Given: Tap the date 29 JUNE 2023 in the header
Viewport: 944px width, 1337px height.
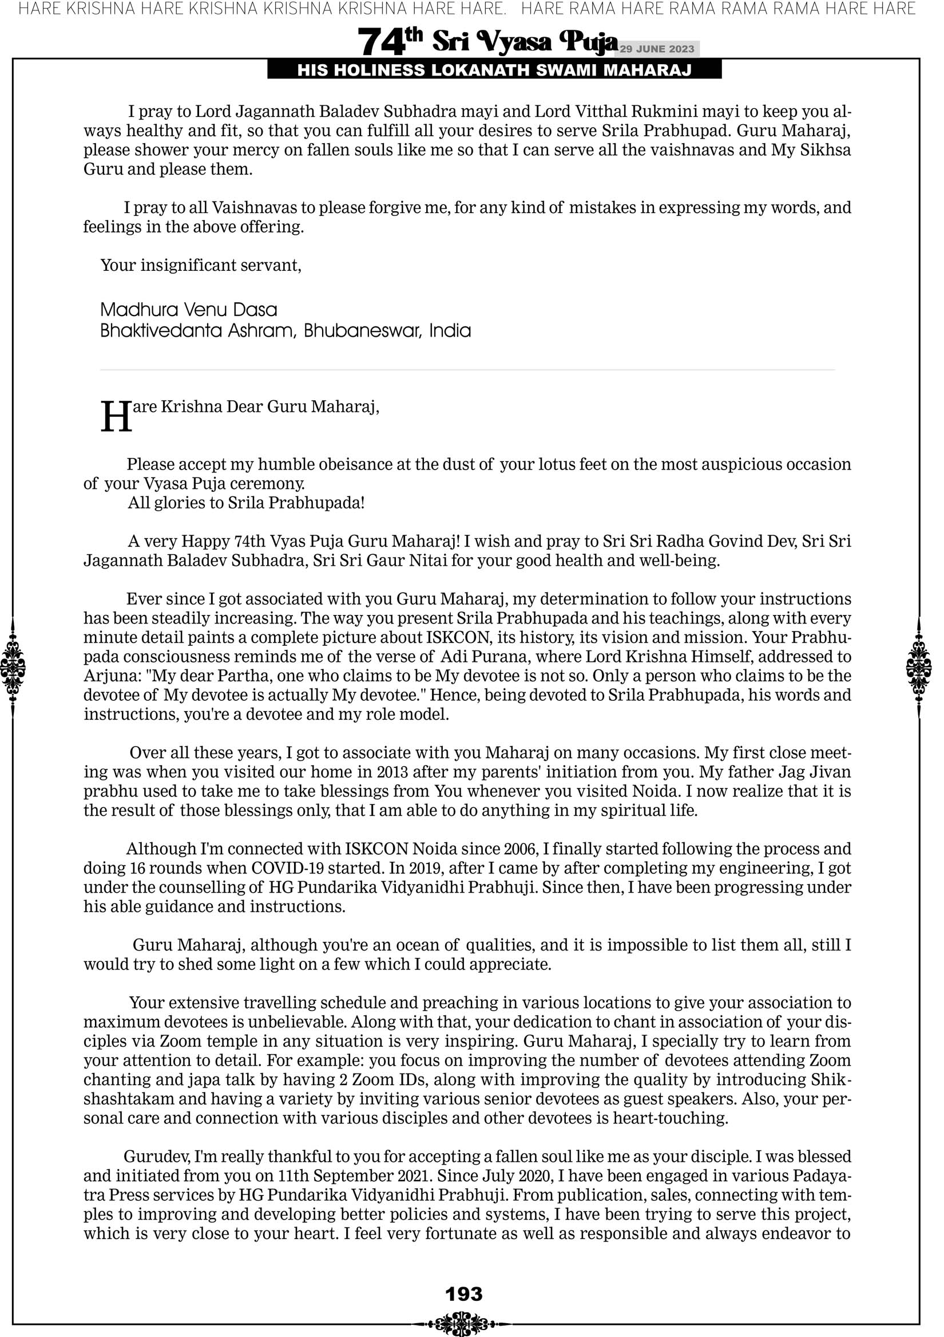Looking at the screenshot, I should tap(657, 49).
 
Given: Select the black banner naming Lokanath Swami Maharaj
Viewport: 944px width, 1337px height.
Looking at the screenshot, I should tap(494, 70).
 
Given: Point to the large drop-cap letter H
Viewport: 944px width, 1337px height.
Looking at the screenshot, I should tap(116, 417).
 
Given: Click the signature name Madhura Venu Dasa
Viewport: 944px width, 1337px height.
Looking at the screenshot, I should tap(189, 309).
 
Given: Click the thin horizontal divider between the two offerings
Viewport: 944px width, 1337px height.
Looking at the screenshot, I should tap(467, 370).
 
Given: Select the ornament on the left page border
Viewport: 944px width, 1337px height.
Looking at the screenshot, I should tap(13, 667).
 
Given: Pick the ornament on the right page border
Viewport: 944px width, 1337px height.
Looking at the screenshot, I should tap(919, 667).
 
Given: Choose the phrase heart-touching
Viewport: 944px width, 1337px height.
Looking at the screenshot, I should tap(670, 1118).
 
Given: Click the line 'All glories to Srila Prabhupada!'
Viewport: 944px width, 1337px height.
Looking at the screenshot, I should tap(246, 503).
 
